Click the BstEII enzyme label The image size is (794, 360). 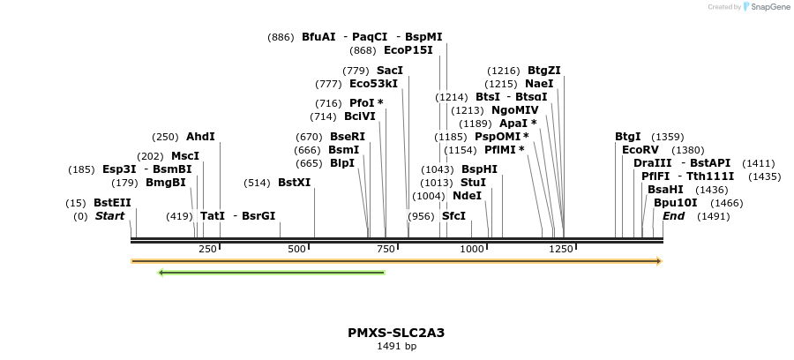click(112, 202)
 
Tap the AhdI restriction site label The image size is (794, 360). click(200, 137)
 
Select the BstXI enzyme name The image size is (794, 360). click(294, 183)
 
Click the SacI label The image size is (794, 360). click(390, 70)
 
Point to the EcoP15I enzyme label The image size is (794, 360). click(408, 50)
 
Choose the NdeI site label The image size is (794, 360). click(467, 196)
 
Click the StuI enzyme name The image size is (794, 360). click(473, 183)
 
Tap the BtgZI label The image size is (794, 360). click(543, 70)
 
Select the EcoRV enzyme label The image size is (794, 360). click(640, 150)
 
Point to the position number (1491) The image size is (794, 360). click(713, 216)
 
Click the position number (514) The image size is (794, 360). click(256, 183)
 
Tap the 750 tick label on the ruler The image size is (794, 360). click(385, 250)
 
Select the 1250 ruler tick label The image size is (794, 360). click(562, 250)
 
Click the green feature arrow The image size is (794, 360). click(271, 273)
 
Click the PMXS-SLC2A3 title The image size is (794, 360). click(396, 333)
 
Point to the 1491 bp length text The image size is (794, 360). click(396, 347)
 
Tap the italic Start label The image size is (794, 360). click(109, 216)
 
